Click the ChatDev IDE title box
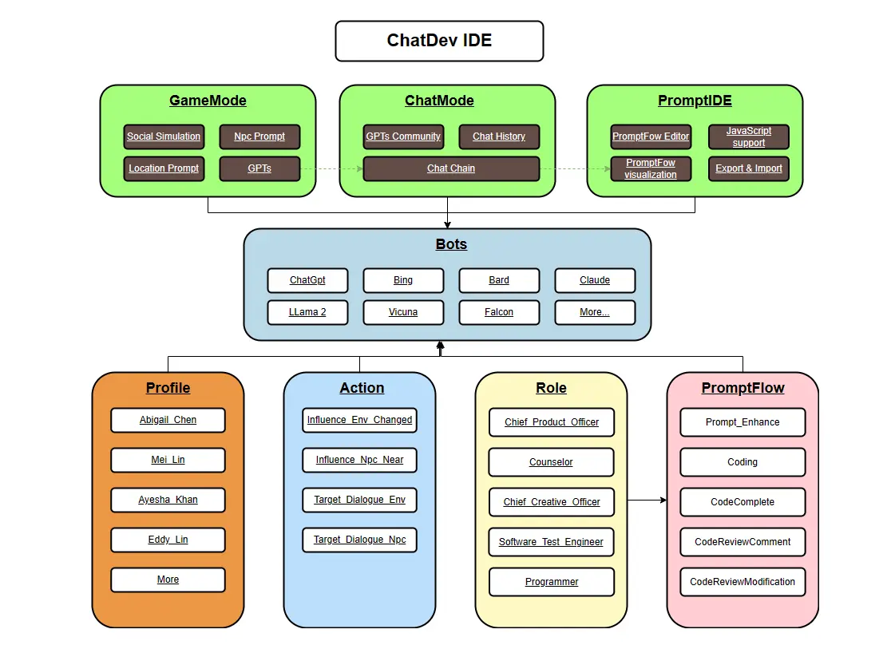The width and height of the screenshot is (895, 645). coord(439,41)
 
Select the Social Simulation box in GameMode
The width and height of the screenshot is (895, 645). coord(164,137)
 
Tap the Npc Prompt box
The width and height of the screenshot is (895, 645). coord(259,137)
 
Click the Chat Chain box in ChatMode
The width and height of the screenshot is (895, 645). coord(451,168)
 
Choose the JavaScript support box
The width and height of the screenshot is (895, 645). coord(749,137)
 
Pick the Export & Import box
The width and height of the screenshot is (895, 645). coord(749,168)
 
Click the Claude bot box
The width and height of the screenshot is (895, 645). coord(595,280)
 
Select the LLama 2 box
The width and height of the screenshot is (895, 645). coord(307,312)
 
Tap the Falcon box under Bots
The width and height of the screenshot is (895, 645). coord(499,312)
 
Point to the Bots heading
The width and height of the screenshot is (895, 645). coord(451,244)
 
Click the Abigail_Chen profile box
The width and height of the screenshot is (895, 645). coord(168,420)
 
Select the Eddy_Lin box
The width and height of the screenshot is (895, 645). coord(168,540)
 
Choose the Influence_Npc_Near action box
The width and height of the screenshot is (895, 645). coord(359,460)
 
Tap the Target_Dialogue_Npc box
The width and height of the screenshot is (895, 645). coord(359,540)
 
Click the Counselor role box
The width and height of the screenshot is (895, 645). coord(552,462)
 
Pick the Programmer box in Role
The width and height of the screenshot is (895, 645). coord(552,582)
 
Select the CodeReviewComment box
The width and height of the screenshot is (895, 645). coord(743,542)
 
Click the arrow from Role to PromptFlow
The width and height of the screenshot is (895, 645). coord(647,500)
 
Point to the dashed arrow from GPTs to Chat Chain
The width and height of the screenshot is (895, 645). coord(331,168)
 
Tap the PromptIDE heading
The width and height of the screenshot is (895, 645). coord(695,101)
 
